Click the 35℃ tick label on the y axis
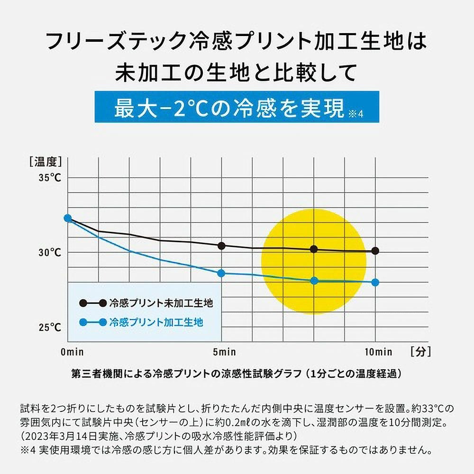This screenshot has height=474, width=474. tap(50, 178)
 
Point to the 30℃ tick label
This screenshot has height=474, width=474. tap(50, 253)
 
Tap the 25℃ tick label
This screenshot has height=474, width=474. tap(50, 328)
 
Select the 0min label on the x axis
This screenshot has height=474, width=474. tap(72, 352)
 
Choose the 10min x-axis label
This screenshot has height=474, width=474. tap(378, 352)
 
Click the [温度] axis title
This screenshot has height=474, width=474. tap(46, 162)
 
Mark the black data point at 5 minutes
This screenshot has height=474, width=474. tap(221, 246)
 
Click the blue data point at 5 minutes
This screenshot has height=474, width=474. tap(221, 273)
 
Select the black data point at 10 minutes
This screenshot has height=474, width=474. tap(375, 251)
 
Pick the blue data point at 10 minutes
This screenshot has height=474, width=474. tap(375, 283)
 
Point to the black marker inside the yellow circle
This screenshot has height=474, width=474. tap(313, 249)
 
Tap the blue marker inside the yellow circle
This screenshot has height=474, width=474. tap(313, 281)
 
